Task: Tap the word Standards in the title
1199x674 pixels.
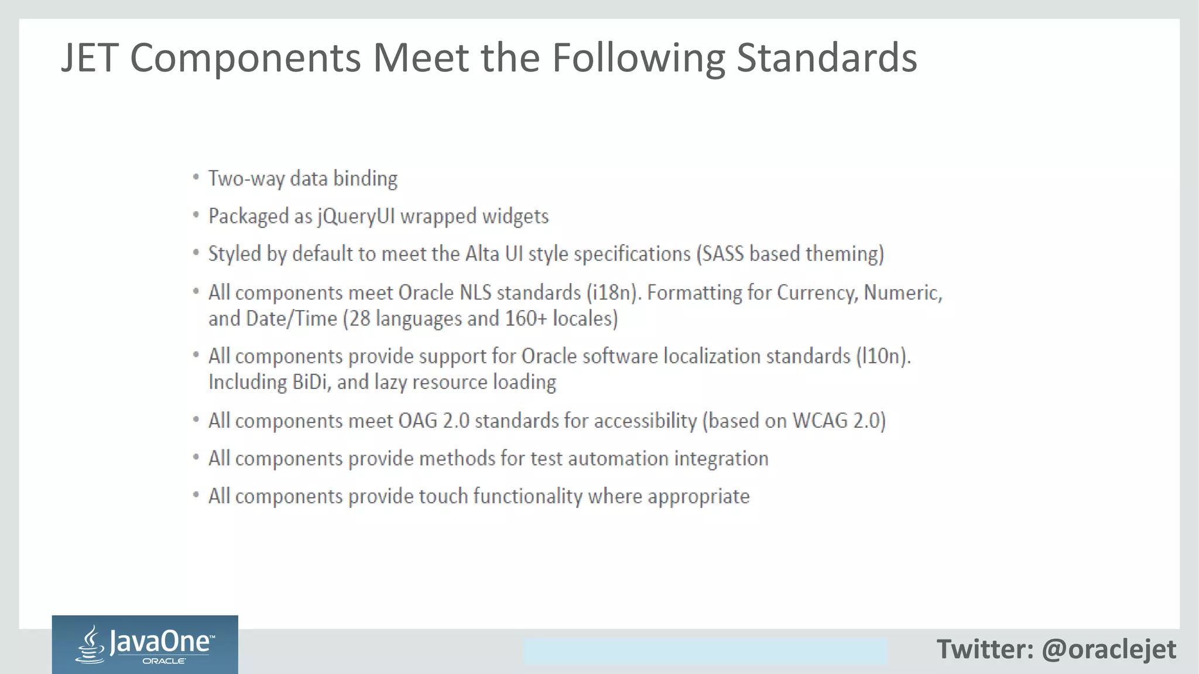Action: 826,58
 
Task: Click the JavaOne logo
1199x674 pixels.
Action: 145,645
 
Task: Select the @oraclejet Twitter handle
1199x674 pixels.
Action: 1108,649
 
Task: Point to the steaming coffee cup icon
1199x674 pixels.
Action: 91,645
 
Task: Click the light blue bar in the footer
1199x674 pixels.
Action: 705,651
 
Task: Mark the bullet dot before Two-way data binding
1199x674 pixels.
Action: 196,177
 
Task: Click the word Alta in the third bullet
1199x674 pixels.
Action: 482,254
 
